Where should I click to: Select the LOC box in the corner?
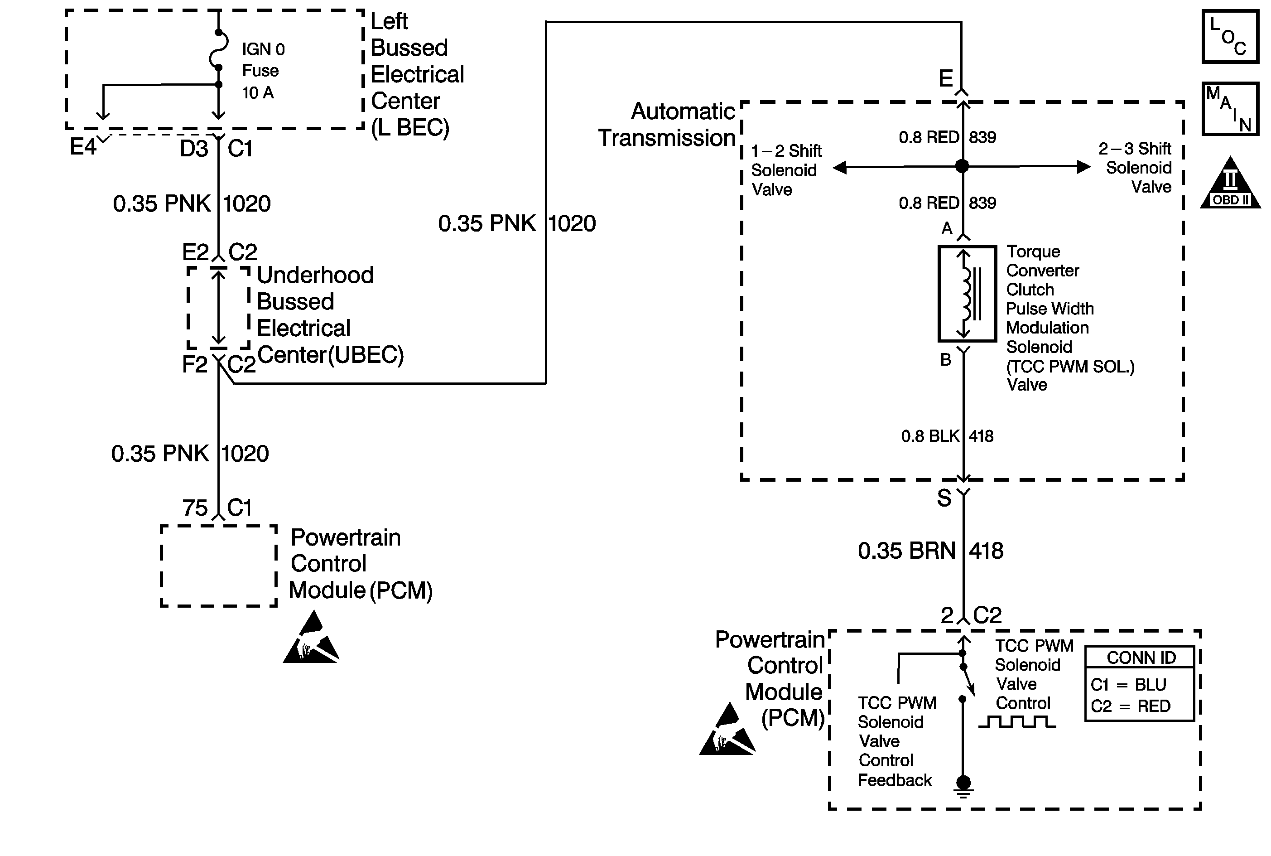[x=1230, y=37]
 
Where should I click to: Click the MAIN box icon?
[x=1230, y=109]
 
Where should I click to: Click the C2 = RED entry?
[x=1130, y=706]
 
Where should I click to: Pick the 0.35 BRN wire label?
[x=906, y=551]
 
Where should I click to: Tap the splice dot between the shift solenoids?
[x=962, y=166]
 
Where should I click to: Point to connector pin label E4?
[x=83, y=147]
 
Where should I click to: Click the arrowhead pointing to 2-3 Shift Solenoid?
[x=1083, y=166]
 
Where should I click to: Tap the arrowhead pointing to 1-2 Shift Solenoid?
[x=840, y=167]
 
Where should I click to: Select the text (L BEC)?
[x=410, y=128]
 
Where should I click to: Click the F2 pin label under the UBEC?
[x=195, y=365]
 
